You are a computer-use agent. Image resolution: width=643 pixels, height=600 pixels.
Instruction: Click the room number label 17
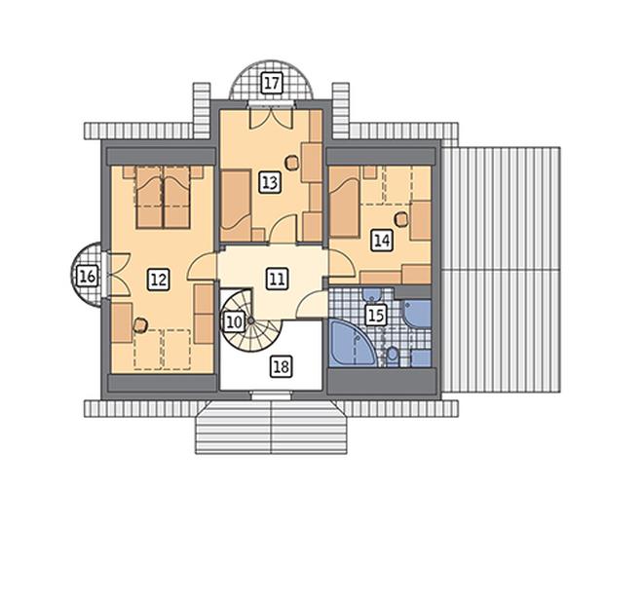pos(271,83)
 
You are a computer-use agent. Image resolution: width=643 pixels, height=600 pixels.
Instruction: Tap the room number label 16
pos(88,276)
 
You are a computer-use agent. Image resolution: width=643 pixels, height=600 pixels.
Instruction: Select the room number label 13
pos(270,182)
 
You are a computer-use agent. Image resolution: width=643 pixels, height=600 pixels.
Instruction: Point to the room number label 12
pos(158,281)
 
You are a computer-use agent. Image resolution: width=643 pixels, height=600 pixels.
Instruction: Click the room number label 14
pos(381,240)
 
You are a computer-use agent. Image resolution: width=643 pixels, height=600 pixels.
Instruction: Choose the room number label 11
pos(278,280)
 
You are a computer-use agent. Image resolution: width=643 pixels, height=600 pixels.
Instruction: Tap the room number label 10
pos(234,322)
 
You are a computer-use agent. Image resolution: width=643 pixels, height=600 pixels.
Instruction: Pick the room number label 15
pos(376,316)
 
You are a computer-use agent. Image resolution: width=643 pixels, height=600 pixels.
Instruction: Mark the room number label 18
pos(281,366)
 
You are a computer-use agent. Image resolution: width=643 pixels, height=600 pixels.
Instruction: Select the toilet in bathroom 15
pos(393,356)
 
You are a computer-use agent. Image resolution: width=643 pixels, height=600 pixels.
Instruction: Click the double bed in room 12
pos(164,197)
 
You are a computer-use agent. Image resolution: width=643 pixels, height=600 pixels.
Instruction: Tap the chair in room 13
pos(291,162)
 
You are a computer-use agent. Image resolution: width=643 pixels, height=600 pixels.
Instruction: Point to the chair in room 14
pos(401,218)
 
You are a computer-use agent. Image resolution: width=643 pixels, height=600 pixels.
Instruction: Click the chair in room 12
pos(140,325)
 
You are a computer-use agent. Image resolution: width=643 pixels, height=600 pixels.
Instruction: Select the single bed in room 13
pos(236,206)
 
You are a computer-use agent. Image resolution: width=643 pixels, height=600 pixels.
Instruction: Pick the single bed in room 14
pos(345,202)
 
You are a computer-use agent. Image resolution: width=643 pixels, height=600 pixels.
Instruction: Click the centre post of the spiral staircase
pos(250,321)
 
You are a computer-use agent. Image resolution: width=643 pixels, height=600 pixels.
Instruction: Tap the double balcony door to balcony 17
pos(271,119)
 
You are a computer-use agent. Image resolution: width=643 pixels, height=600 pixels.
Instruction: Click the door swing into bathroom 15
pos(310,304)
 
